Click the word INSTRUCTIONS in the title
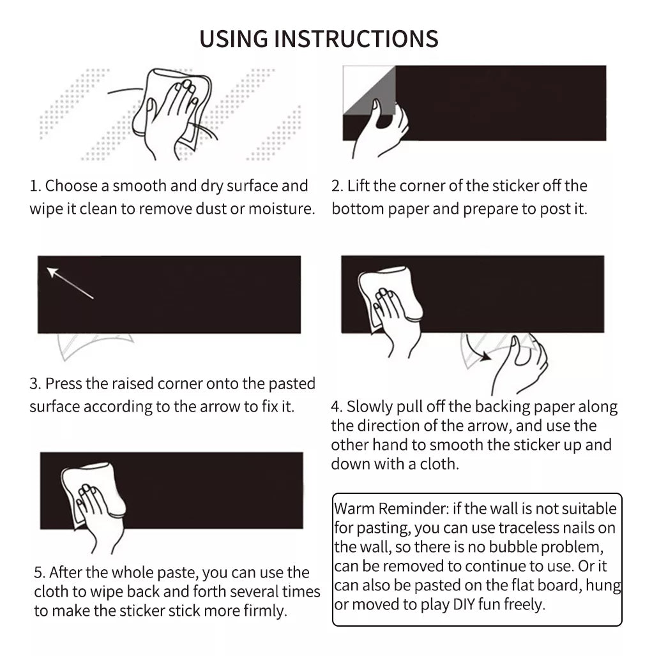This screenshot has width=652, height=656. (356, 39)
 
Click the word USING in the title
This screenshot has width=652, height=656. (233, 39)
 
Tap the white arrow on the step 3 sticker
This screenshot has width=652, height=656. (70, 283)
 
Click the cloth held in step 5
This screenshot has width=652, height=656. (93, 494)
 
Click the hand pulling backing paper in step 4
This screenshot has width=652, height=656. (519, 362)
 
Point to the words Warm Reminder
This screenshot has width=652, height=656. (391, 509)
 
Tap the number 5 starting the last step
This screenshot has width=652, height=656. (40, 572)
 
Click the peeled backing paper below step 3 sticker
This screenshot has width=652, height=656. (95, 346)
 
